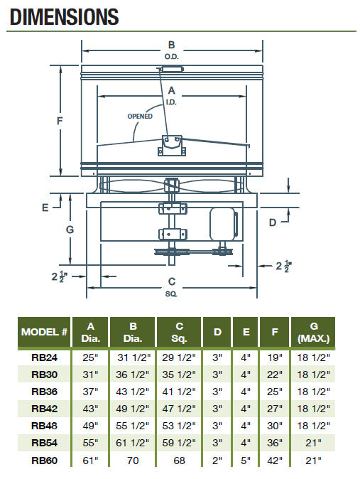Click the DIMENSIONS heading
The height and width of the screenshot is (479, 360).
[x=65, y=17]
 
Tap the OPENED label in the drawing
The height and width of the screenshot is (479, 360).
[x=140, y=117]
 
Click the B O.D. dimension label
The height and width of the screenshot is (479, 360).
[x=171, y=50]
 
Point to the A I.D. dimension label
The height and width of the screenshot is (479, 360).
[x=171, y=96]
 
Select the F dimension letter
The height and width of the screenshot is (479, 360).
[x=60, y=121]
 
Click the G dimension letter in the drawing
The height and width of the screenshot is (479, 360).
[x=70, y=230]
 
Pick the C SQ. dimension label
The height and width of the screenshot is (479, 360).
[x=171, y=287]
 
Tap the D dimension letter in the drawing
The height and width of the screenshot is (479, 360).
[x=273, y=222]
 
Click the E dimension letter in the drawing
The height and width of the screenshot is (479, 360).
[x=45, y=208]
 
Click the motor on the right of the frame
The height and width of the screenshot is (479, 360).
[x=223, y=225]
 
